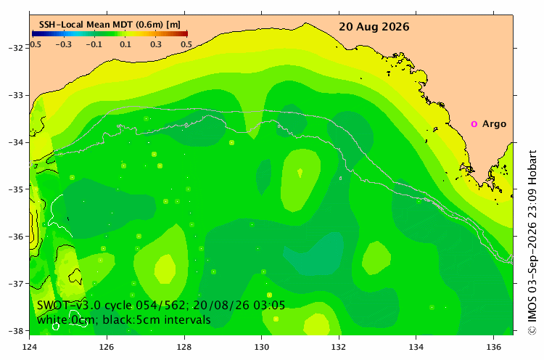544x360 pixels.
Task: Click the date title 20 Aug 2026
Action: tap(374, 27)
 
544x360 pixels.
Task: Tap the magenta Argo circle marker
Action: tap(474, 124)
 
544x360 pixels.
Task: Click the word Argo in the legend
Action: tap(494, 124)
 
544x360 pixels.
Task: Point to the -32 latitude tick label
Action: tap(15, 48)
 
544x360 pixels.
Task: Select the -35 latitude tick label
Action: tap(15, 189)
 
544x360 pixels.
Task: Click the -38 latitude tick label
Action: tap(15, 331)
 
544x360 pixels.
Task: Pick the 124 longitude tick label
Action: tap(29, 347)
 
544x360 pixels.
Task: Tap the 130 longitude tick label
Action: tap(261, 347)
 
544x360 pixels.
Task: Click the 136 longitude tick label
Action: tap(493, 347)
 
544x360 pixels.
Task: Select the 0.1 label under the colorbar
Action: tap(125, 44)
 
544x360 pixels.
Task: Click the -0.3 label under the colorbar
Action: tap(64, 44)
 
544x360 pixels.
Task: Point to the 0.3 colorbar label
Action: tap(156, 44)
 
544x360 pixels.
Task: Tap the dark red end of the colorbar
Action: tap(186, 33)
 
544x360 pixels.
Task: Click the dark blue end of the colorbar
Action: tap(34, 33)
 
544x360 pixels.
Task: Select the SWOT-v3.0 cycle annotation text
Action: tap(161, 305)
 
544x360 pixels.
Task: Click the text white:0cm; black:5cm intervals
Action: tap(123, 319)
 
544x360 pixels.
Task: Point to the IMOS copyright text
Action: tap(532, 242)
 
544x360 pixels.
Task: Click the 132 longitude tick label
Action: tap(339, 347)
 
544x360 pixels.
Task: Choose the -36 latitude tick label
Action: tap(15, 237)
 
